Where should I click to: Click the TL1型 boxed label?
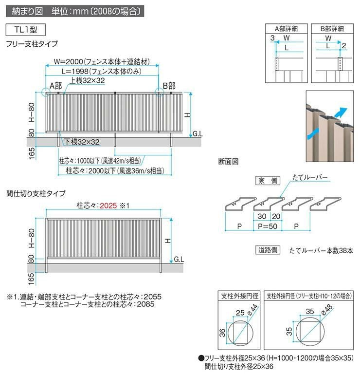tap(25, 29)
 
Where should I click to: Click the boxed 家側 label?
tap(267, 181)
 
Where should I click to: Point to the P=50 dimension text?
tap(264, 226)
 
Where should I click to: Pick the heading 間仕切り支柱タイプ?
tap(36, 193)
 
